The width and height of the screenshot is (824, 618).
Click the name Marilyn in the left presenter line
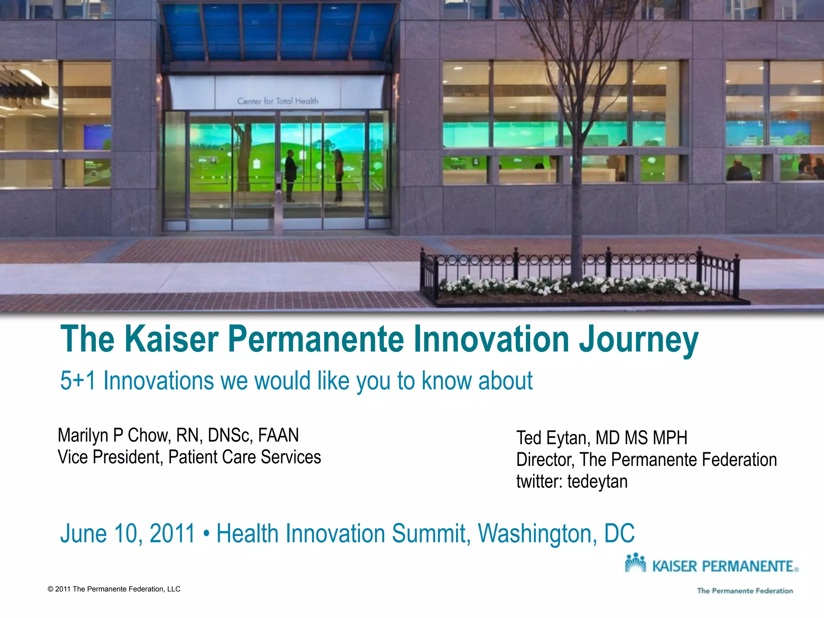click(83, 435)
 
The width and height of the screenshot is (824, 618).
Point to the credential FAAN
click(278, 435)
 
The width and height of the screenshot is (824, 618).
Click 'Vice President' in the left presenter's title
click(109, 457)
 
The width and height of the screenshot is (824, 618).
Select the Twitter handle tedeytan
click(597, 482)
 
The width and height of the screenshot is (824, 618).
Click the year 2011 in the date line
click(172, 534)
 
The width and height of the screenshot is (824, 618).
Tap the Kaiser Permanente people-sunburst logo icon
click(635, 563)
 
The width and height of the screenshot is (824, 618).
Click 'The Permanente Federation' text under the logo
click(745, 591)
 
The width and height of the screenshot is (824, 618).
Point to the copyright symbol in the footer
click(50, 589)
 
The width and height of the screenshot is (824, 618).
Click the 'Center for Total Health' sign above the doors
click(278, 101)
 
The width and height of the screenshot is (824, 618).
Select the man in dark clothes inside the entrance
click(290, 175)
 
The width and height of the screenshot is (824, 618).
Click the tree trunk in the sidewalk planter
click(576, 201)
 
